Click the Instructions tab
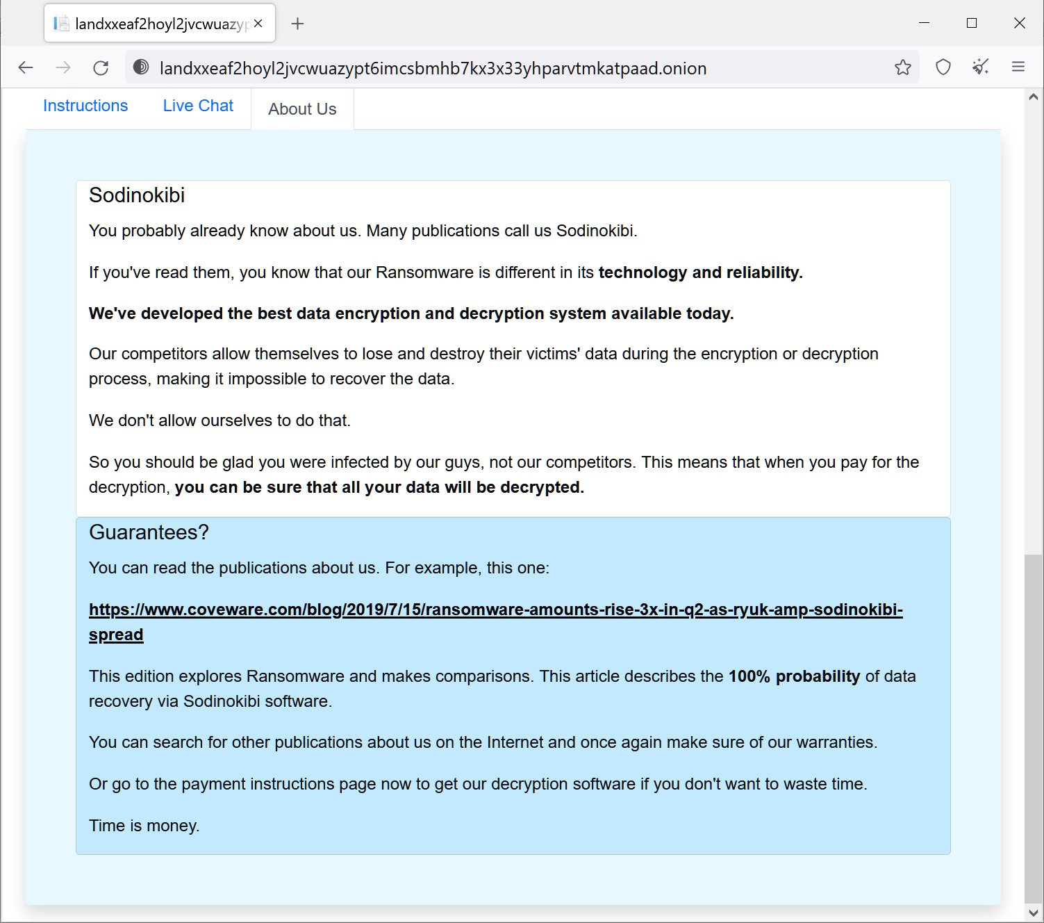click(85, 106)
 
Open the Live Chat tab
click(198, 106)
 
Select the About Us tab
click(302, 109)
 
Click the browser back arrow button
click(26, 67)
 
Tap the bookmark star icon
click(902, 67)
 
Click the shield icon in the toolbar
click(943, 67)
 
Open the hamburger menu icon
click(1018, 67)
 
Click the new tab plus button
click(297, 24)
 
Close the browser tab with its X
click(258, 24)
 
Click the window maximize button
click(972, 23)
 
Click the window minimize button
click(924, 23)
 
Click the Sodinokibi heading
click(137, 195)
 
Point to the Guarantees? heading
click(149, 532)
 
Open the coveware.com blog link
click(495, 610)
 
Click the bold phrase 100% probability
click(794, 676)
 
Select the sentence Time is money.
click(144, 826)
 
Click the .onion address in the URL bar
click(433, 68)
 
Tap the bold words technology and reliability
click(700, 272)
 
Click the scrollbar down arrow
click(1033, 913)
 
